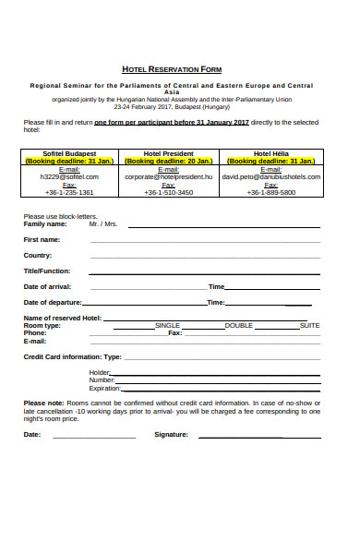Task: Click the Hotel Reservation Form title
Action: [x=172, y=69]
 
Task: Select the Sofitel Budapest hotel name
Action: [x=69, y=153]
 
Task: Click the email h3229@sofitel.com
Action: [x=69, y=176]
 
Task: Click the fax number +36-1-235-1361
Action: [x=69, y=192]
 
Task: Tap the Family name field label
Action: [x=45, y=224]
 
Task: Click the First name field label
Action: [x=42, y=240]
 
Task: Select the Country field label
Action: [x=38, y=255]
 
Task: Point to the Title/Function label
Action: [x=47, y=271]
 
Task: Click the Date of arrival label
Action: [x=47, y=286]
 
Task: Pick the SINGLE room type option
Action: [x=168, y=325]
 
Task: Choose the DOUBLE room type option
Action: [x=238, y=325]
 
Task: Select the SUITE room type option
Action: [x=310, y=325]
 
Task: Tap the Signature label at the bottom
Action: [x=172, y=433]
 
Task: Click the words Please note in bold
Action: [x=43, y=403]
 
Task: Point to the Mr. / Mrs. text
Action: [x=103, y=224]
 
